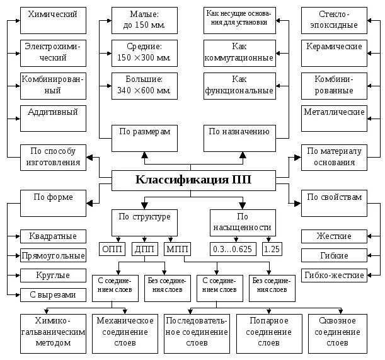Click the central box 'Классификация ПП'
tap(193, 180)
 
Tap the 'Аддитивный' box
tap(53, 117)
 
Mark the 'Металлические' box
tap(334, 117)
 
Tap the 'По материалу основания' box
tap(334, 156)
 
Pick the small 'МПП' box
tap(177, 248)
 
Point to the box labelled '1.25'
tap(273, 248)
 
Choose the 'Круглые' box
tap(53, 275)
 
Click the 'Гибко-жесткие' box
tap(334, 275)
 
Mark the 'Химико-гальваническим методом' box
tap(53, 332)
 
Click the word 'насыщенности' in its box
tap(242, 227)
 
